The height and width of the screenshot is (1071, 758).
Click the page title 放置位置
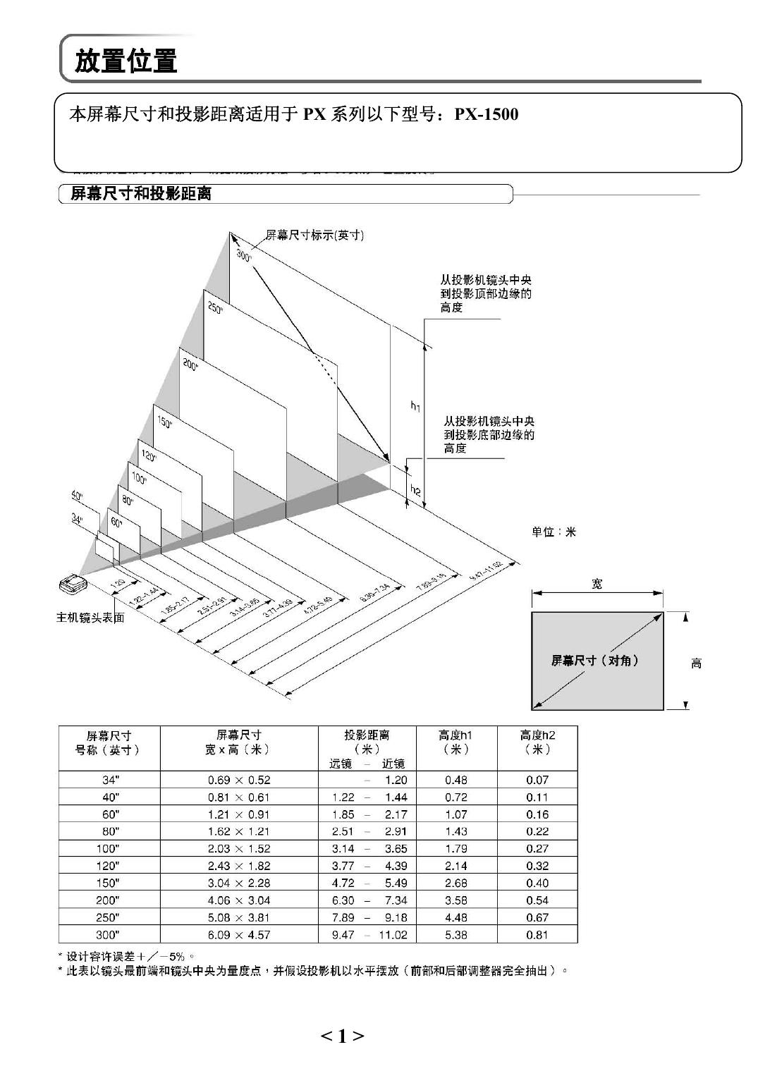126,61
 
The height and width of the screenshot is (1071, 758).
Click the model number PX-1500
486,114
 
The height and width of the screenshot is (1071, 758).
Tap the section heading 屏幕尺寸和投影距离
141,194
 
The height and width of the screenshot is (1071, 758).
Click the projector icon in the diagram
73,583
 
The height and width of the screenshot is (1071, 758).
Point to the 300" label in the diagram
244,255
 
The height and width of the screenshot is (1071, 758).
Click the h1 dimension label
415,405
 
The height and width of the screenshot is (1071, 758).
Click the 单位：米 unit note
554,532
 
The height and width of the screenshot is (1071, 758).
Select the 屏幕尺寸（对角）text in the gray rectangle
595,661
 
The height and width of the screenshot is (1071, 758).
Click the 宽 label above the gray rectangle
597,584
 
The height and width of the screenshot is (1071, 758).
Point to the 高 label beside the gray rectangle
696,663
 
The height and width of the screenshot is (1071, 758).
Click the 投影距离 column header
367,735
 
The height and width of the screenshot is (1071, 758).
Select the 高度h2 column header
537,735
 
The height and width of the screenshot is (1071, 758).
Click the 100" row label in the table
109,848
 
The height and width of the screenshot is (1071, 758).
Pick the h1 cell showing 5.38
456,935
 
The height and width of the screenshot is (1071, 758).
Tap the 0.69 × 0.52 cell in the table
239,780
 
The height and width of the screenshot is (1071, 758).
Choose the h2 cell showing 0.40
537,883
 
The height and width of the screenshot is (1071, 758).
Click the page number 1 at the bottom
343,1036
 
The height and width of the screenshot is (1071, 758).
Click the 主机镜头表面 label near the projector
90,618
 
